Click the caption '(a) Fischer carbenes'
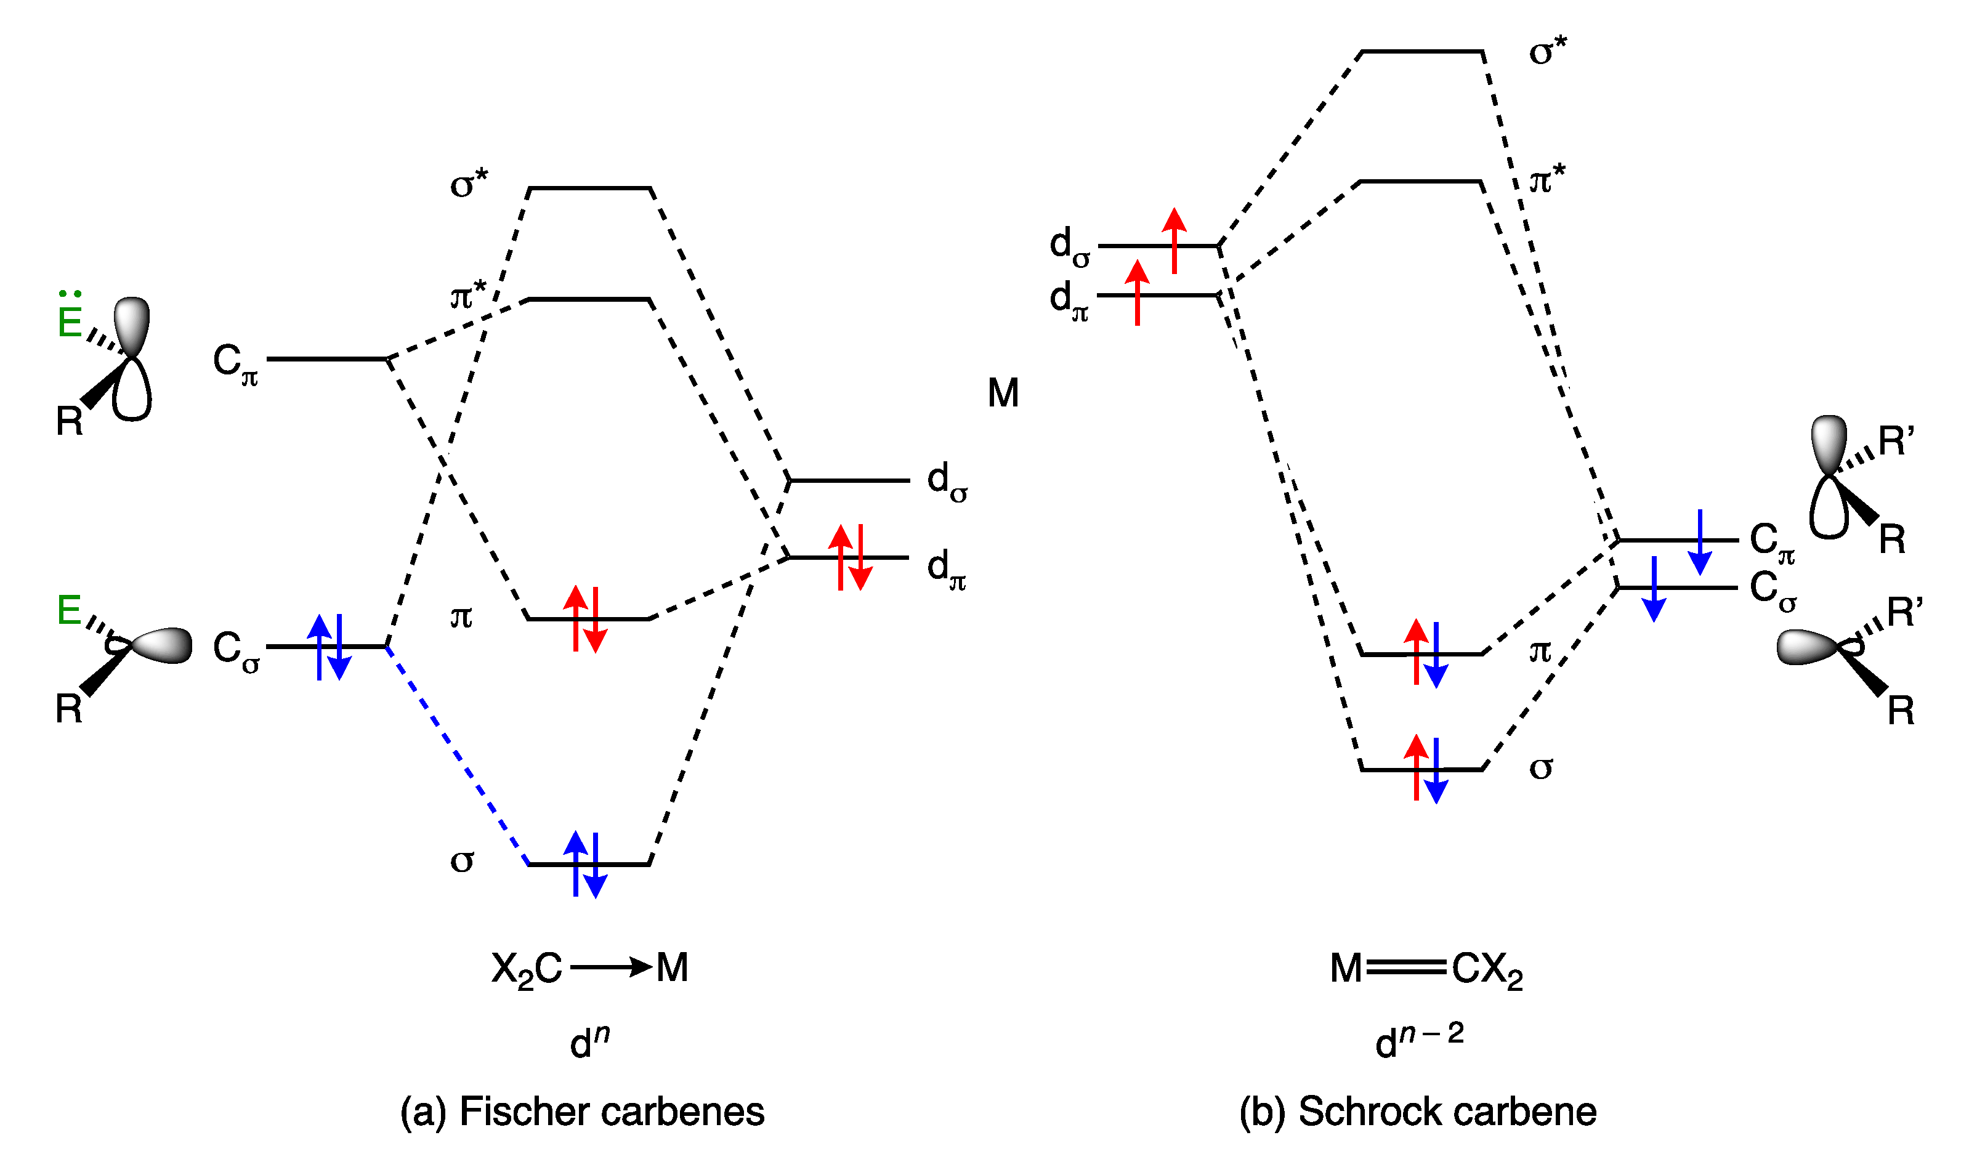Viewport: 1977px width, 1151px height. coord(582,1112)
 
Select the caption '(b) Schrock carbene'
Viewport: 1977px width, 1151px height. coord(1418,1112)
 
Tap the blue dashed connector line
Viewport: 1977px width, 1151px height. coord(458,756)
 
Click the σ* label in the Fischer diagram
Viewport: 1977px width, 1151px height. coord(468,184)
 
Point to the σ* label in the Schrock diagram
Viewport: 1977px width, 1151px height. coord(1547,52)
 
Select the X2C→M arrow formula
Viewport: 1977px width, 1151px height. coord(589,968)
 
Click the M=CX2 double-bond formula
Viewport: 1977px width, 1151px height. coord(1426,969)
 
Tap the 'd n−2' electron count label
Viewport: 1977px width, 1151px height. coord(1418,1040)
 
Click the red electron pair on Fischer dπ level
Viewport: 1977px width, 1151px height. coord(851,557)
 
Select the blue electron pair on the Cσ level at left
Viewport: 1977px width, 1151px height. coord(329,647)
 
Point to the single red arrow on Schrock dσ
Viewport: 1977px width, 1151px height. coord(1174,241)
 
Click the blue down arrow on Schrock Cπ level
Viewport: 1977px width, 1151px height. coord(1699,542)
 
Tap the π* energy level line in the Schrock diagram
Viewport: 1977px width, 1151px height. coord(1420,182)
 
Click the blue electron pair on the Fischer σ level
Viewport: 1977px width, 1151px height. coord(585,864)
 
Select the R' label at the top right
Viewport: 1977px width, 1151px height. coord(1896,442)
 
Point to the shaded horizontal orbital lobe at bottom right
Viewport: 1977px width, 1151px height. coord(1806,648)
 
